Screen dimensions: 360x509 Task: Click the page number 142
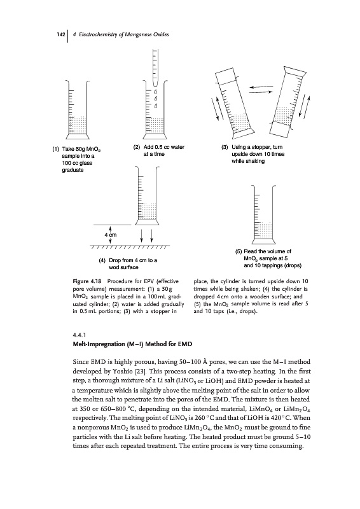[x=61, y=34]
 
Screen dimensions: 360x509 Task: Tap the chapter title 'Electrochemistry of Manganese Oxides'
[x=124, y=34]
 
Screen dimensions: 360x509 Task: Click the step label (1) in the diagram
[x=56, y=149]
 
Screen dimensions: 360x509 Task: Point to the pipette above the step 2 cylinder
[x=155, y=68]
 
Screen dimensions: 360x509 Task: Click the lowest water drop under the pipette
[x=156, y=106]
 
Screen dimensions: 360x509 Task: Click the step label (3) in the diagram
[x=225, y=147]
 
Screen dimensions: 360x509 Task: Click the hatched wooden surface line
[x=130, y=248]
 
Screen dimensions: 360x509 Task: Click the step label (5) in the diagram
[x=239, y=251]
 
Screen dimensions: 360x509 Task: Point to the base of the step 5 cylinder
[x=263, y=241]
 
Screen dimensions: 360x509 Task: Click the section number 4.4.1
[x=80, y=335]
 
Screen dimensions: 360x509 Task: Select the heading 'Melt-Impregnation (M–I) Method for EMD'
[x=132, y=344]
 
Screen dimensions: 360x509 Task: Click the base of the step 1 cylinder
[x=77, y=136]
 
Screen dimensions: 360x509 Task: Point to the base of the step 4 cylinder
[x=148, y=222]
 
